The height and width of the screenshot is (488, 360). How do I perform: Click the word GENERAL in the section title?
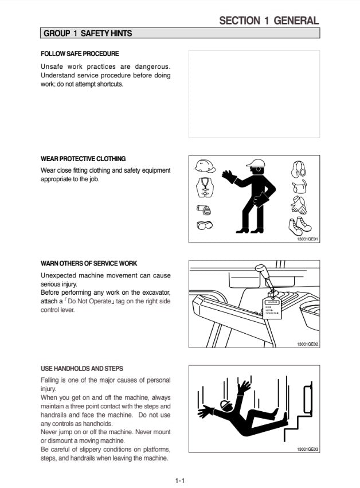[x=296, y=21]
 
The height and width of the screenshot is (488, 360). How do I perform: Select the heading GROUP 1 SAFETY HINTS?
[x=88, y=34]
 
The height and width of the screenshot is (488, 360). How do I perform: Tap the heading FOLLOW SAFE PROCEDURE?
[x=80, y=54]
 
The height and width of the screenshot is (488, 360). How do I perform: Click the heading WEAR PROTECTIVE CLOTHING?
[x=83, y=159]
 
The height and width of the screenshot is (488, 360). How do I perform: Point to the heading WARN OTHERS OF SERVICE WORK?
[x=89, y=264]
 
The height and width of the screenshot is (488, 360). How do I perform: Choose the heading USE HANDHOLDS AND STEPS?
[x=82, y=369]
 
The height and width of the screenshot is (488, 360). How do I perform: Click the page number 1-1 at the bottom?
[x=179, y=481]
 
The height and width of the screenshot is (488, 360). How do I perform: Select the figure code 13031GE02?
[x=308, y=344]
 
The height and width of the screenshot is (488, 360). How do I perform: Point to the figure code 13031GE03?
[x=308, y=450]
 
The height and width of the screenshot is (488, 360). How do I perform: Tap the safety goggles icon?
[x=204, y=225]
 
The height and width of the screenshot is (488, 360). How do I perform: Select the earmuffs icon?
[x=298, y=169]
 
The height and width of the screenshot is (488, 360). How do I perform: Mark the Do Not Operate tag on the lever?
[x=271, y=308]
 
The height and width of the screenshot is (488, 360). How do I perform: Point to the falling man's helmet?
[x=228, y=405]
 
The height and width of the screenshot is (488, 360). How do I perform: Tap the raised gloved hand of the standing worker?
[x=229, y=175]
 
